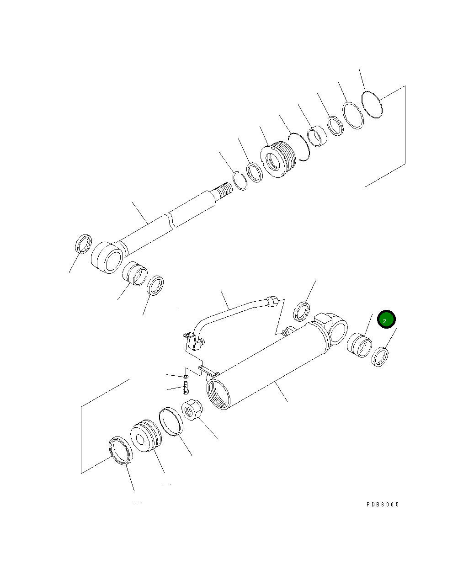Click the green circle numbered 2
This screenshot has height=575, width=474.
pos(386,319)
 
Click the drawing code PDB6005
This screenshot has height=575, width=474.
pos(383,505)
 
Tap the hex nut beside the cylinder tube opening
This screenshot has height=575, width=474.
pos(192,410)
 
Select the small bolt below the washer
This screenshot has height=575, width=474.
pos(186,388)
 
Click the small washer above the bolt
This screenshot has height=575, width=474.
pos(186,376)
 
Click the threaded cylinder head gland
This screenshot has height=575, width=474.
pos(278,160)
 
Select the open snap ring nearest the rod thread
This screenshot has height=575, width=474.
pos(240,181)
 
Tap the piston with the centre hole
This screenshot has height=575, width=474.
pos(146,436)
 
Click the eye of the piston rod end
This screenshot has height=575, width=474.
pos(107,257)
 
